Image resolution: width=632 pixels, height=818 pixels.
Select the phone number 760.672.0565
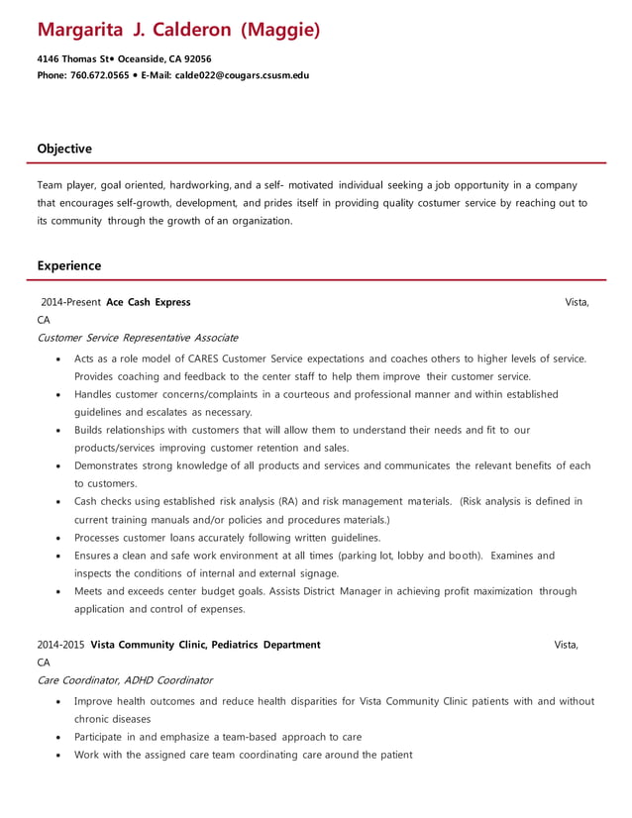click(x=99, y=74)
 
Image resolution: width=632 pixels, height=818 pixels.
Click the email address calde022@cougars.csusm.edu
click(x=242, y=74)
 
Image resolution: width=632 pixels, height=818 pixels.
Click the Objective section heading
click(x=64, y=149)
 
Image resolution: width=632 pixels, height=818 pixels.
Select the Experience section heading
click(x=69, y=265)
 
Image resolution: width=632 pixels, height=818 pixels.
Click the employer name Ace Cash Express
click(x=149, y=302)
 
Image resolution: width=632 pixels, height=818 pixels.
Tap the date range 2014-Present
click(x=71, y=302)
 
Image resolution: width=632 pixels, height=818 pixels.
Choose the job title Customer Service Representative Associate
click(x=137, y=338)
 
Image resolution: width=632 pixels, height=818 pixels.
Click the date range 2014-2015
click(x=61, y=645)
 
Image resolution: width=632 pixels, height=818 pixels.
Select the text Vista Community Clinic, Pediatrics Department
click(x=205, y=645)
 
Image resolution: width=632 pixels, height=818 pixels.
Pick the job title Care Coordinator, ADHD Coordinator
click(x=125, y=680)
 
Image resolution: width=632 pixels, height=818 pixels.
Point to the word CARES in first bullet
click(x=201, y=358)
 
